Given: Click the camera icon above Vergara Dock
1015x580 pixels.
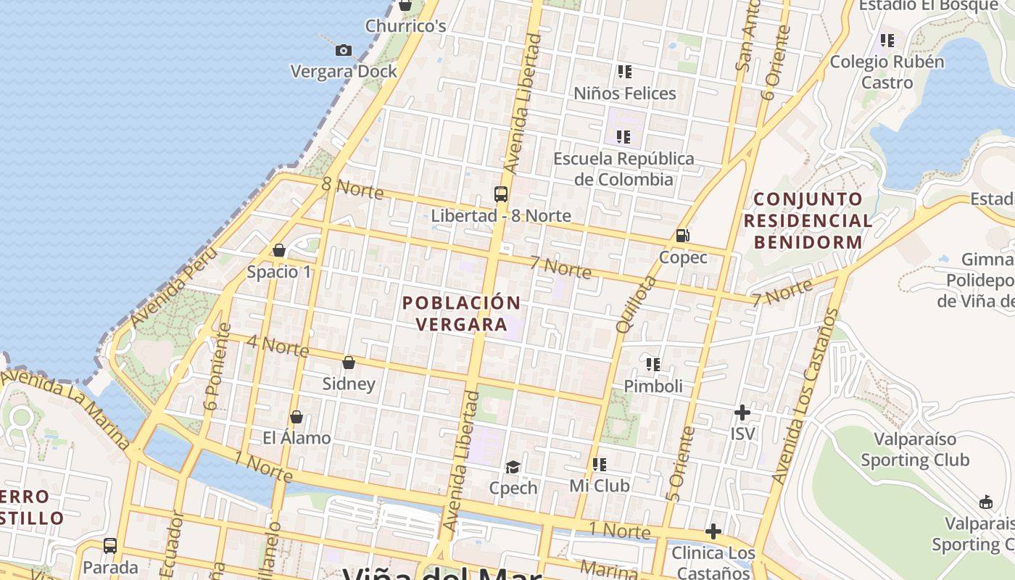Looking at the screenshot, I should pyautogui.click(x=344, y=50).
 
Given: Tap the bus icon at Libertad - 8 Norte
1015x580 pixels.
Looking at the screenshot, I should pyautogui.click(x=500, y=194).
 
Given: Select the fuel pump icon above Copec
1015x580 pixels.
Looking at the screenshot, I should pyautogui.click(x=681, y=235).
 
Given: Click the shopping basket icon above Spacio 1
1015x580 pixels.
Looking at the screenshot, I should pyautogui.click(x=279, y=250).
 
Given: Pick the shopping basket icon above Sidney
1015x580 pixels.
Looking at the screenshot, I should pyautogui.click(x=349, y=362).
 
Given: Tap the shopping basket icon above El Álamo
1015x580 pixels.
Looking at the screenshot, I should pyautogui.click(x=296, y=417).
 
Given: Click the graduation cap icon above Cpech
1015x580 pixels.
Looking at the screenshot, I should pyautogui.click(x=513, y=466).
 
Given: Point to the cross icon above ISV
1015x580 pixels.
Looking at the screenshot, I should pyautogui.click(x=742, y=413).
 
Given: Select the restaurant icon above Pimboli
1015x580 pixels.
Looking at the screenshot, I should pyautogui.click(x=652, y=364).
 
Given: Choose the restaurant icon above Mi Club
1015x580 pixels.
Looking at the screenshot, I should pyautogui.click(x=599, y=464).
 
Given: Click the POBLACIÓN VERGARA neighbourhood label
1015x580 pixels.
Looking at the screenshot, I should pyautogui.click(x=462, y=313).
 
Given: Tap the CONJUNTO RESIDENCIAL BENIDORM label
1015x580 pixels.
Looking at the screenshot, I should pyautogui.click(x=808, y=220).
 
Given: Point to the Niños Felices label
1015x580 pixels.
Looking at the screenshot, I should pyautogui.click(x=624, y=93).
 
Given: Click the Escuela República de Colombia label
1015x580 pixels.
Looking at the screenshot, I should pyautogui.click(x=623, y=168).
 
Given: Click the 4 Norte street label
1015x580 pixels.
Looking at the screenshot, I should pyautogui.click(x=278, y=346).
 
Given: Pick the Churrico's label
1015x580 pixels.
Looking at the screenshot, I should pyautogui.click(x=405, y=26).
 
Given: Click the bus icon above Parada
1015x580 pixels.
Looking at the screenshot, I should pyautogui.click(x=110, y=545).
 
